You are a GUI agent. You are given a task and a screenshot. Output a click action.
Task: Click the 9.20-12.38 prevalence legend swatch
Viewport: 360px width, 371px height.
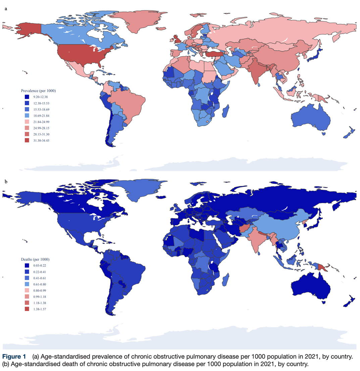(x=27, y=97)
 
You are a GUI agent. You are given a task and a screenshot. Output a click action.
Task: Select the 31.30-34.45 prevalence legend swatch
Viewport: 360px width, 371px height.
(x=27, y=140)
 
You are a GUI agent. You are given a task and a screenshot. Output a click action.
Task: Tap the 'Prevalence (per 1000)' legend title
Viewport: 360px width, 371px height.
(x=38, y=91)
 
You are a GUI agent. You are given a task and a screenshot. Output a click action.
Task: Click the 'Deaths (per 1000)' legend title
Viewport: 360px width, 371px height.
(x=35, y=259)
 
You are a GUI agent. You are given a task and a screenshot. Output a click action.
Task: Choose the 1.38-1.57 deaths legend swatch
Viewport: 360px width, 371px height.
(x=27, y=309)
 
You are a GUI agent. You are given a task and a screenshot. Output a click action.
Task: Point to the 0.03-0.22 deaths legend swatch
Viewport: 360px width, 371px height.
(x=27, y=265)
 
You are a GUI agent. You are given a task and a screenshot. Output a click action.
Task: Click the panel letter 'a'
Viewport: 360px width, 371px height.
(x=5, y=9)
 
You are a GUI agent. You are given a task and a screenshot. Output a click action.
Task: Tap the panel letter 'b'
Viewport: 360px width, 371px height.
(x=5, y=182)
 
